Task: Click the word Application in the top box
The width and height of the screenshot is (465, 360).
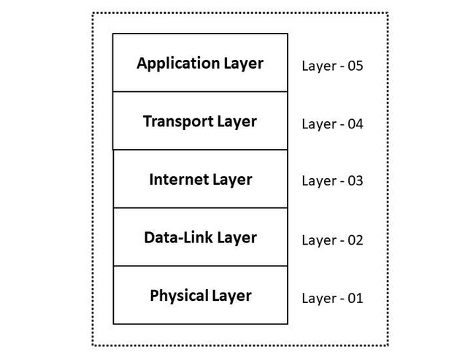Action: (178, 64)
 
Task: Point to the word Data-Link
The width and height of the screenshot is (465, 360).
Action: (178, 237)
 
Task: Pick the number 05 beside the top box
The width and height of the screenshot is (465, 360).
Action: (356, 66)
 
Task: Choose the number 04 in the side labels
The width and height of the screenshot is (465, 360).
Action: (356, 124)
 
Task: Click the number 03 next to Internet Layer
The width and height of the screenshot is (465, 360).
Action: (356, 180)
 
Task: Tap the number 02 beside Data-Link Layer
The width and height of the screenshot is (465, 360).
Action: (356, 240)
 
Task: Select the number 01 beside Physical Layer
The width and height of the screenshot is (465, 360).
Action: (356, 299)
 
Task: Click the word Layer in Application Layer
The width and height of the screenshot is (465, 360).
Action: (244, 64)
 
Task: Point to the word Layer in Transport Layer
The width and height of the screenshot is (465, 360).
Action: (237, 122)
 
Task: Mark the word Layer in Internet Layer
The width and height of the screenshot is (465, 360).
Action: (232, 180)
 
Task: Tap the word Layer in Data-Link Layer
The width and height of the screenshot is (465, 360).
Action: (237, 238)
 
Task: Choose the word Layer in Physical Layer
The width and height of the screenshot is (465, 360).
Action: (231, 296)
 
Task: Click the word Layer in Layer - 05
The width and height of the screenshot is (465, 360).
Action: (319, 66)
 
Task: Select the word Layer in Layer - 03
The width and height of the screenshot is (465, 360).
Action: (319, 181)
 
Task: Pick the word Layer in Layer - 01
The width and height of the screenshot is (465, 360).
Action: (319, 299)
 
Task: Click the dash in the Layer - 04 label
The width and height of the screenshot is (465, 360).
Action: (342, 126)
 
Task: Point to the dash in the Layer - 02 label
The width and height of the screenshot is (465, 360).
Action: (342, 242)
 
